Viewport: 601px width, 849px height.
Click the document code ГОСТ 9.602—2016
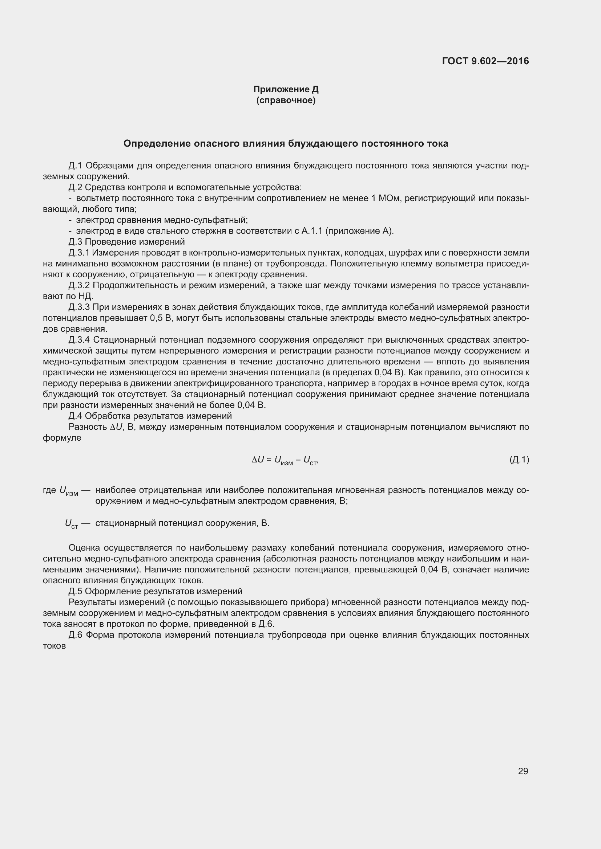tap(485, 61)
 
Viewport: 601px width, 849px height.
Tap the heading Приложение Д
tap(286, 89)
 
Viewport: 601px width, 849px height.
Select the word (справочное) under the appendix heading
tap(286, 100)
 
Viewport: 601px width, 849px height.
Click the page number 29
tap(523, 771)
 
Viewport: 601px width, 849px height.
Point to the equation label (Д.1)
tap(519, 460)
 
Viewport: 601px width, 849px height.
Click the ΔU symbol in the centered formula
tap(258, 460)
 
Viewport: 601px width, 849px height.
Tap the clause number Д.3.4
tap(79, 340)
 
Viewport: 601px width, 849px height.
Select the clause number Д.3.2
tap(79, 285)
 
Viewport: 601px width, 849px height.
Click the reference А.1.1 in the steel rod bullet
tap(312, 231)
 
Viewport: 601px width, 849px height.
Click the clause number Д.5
tap(76, 591)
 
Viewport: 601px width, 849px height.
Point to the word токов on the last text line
tap(55, 646)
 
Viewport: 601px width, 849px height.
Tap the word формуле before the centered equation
tap(62, 438)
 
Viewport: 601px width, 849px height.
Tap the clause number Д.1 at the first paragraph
tap(76, 166)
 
